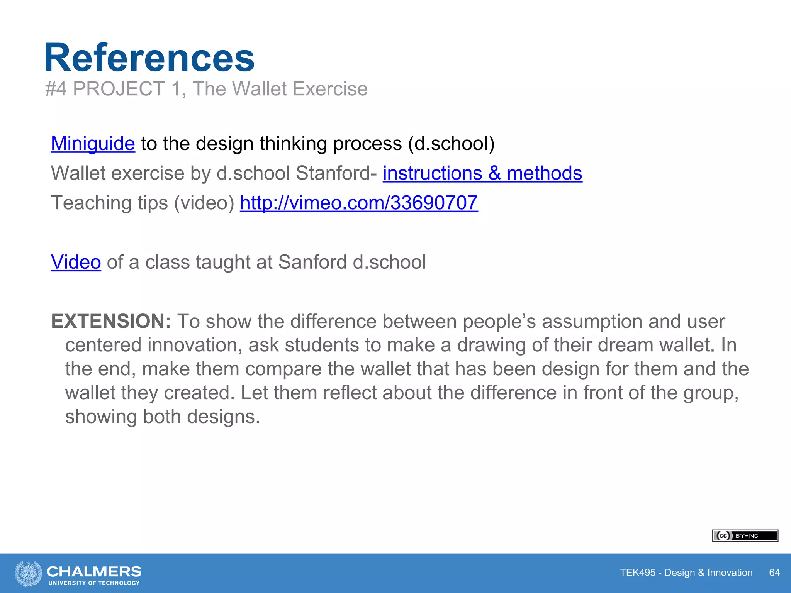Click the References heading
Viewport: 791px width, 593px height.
(x=149, y=58)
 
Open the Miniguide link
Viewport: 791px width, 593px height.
(x=93, y=144)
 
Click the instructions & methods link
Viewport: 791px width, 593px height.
(x=482, y=173)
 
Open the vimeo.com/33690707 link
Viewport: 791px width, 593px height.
(x=359, y=203)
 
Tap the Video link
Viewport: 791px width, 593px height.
(x=76, y=262)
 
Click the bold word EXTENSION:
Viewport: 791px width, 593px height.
(x=111, y=321)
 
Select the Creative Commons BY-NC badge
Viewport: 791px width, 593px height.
(x=745, y=536)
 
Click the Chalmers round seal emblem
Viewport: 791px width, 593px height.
(x=28, y=573)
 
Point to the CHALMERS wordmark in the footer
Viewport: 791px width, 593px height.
(x=94, y=571)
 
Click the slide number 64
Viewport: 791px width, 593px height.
(x=774, y=573)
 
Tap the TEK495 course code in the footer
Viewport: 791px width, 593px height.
(x=638, y=573)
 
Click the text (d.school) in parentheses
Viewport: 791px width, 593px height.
(x=451, y=144)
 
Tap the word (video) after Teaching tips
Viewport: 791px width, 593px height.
(x=204, y=203)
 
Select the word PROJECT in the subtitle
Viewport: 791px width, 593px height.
(x=119, y=89)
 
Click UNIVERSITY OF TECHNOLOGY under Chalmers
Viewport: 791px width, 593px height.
(x=94, y=583)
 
